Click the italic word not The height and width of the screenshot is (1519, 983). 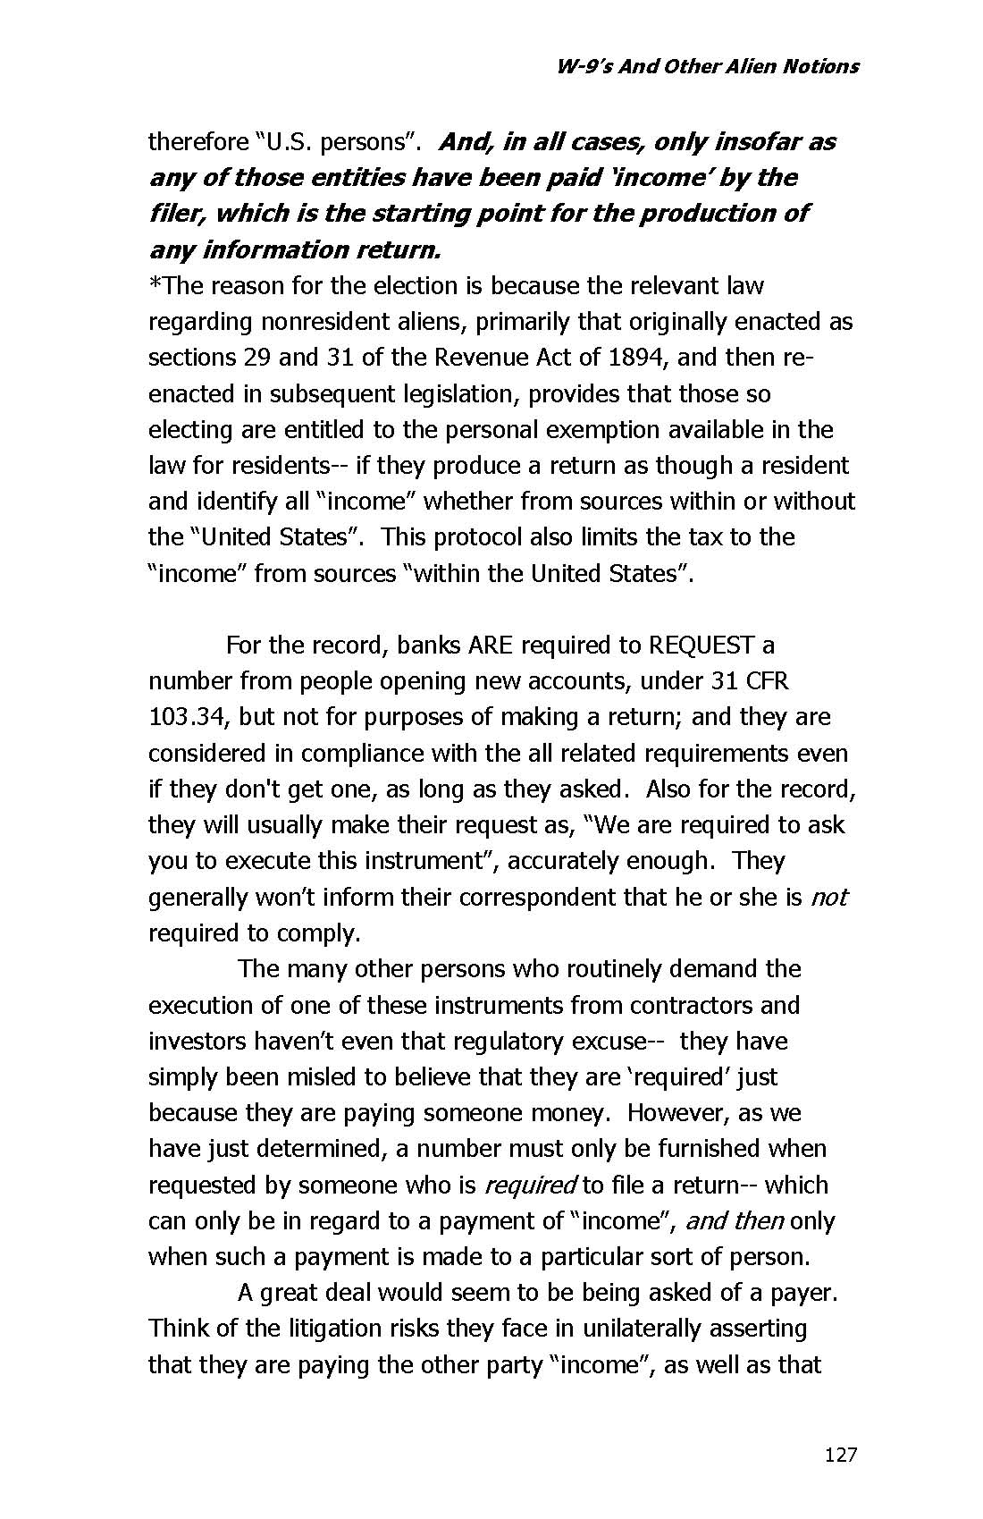828,897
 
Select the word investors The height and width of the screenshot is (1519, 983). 198,1042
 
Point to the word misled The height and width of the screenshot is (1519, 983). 302,1077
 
